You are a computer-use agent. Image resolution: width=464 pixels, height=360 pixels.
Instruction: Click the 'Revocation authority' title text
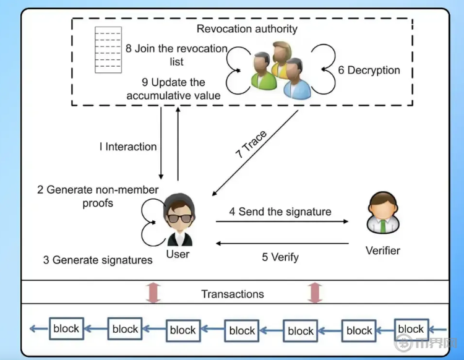[x=247, y=29]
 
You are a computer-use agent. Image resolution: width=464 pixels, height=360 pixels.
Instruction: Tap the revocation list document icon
[x=108, y=50]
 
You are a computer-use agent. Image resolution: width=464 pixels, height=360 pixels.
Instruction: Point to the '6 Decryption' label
[x=369, y=71]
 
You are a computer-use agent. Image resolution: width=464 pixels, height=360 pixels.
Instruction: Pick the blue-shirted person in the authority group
[x=295, y=79]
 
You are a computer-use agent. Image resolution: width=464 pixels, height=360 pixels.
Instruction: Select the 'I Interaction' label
[x=128, y=147]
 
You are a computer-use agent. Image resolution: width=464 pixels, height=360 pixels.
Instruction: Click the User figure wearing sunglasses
[x=178, y=220]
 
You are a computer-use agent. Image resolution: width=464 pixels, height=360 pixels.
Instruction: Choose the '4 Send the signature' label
[x=280, y=212]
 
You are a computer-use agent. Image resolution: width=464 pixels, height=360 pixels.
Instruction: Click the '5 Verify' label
[x=280, y=257]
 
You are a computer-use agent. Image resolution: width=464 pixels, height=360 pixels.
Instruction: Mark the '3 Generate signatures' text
[x=98, y=260]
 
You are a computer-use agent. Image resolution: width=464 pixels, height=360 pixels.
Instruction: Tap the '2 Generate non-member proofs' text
[x=98, y=196]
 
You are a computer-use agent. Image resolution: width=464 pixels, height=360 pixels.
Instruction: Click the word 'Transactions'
[x=233, y=294]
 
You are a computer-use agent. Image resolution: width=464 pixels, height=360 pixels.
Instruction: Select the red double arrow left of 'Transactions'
[x=152, y=292]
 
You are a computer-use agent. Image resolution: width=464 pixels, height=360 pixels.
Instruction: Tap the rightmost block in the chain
[x=411, y=330]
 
